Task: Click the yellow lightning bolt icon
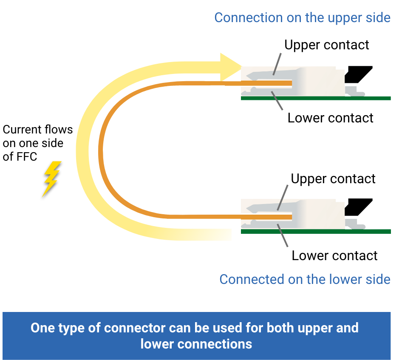[x=51, y=178]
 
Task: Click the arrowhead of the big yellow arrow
[x=230, y=67]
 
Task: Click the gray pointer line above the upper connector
[x=277, y=64]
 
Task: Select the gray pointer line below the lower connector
[x=282, y=236]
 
